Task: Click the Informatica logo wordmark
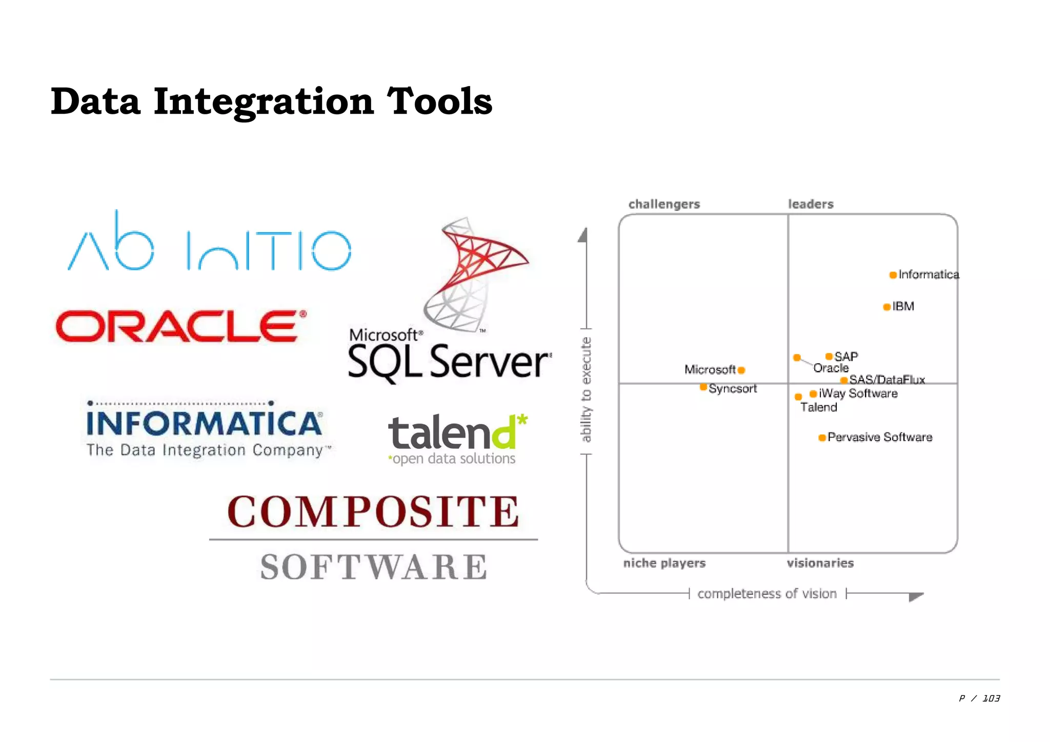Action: (x=205, y=424)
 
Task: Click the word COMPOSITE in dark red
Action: (x=373, y=511)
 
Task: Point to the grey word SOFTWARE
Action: (x=373, y=567)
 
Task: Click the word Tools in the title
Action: (x=439, y=101)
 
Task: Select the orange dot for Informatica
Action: (x=893, y=275)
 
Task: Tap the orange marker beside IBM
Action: (x=886, y=307)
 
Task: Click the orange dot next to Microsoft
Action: (x=741, y=370)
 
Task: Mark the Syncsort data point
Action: (x=703, y=387)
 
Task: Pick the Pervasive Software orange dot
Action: (x=822, y=438)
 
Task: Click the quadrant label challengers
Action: (x=664, y=204)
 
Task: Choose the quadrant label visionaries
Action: (x=820, y=563)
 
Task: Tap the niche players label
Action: (x=664, y=563)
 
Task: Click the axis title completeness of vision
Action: (x=767, y=594)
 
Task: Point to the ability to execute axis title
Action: (x=586, y=389)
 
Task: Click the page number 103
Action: (x=991, y=698)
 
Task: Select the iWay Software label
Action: (x=858, y=394)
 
